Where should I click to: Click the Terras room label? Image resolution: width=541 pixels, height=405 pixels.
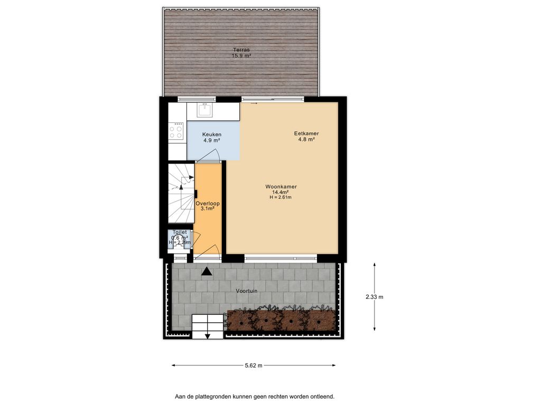[241, 50]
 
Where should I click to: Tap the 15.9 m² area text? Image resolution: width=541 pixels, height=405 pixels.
[241, 55]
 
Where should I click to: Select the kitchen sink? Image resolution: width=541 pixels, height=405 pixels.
[204, 110]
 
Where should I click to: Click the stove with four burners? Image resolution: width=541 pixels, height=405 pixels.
[176, 132]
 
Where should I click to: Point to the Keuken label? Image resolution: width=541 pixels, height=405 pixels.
[212, 134]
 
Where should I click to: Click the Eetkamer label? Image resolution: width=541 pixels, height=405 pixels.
[306, 133]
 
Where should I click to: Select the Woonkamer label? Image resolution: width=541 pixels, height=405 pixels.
[281, 187]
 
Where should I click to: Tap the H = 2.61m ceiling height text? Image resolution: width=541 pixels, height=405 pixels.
[281, 197]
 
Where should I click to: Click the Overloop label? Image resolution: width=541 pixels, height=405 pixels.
[207, 203]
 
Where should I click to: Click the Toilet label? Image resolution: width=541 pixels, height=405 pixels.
[180, 232]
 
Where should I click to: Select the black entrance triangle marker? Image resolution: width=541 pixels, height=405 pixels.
[207, 271]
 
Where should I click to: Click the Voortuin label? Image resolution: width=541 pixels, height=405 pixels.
[246, 291]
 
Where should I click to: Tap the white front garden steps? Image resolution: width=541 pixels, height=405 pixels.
[208, 325]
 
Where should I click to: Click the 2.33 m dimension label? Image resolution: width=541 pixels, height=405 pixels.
[374, 297]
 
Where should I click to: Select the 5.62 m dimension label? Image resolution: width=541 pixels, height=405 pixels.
[253, 365]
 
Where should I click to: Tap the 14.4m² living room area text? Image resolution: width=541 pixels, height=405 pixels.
[281, 192]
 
